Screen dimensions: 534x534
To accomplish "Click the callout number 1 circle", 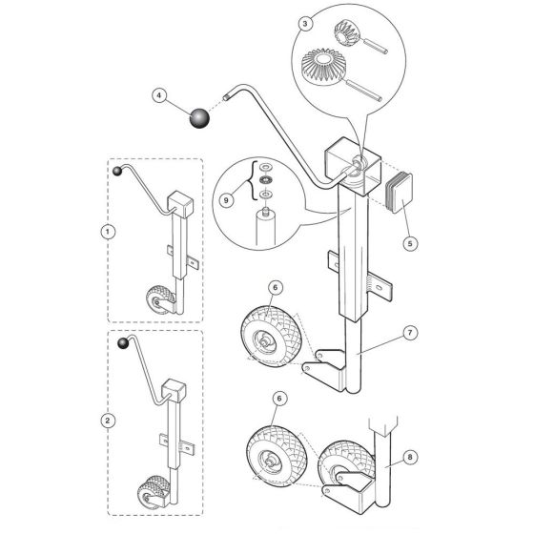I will point(108,231).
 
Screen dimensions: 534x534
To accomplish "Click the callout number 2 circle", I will point(108,418).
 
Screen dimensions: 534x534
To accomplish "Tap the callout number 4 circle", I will point(159,94).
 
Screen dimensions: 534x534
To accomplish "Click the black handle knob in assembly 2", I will point(122,343).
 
